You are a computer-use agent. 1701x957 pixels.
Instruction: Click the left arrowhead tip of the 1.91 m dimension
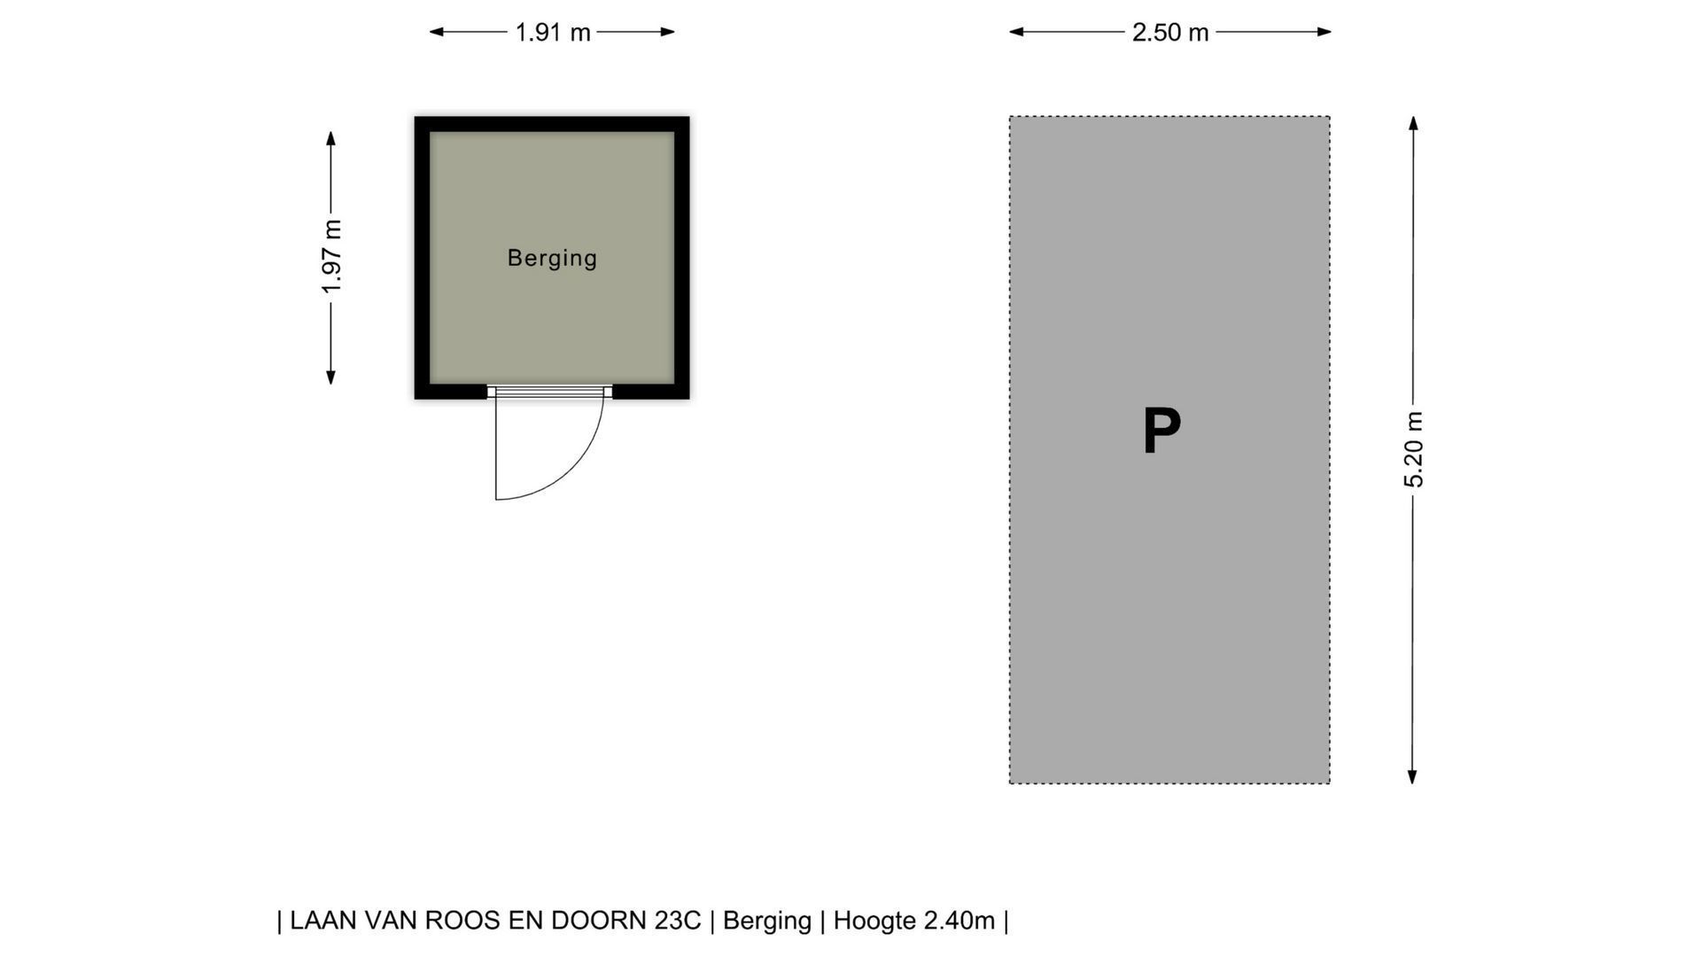tap(430, 32)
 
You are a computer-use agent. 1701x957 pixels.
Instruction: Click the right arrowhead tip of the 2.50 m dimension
tap(1332, 32)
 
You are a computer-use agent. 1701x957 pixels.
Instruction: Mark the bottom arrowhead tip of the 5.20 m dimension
tap(1412, 784)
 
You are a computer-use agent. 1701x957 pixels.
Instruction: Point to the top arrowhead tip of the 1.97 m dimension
tap(330, 131)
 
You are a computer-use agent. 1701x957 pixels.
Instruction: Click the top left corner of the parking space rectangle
tap(1010, 117)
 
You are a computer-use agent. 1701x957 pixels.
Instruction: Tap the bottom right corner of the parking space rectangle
tap(1329, 783)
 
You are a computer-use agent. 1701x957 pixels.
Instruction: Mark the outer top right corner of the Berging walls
tap(689, 117)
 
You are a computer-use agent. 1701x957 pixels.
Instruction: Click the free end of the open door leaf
tap(496, 500)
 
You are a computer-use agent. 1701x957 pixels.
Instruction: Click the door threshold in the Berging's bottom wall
tap(549, 392)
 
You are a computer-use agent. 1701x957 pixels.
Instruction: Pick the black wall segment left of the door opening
tap(451, 392)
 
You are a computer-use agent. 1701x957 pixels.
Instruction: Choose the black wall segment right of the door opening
tap(651, 392)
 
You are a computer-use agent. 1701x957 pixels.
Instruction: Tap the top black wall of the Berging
tap(552, 124)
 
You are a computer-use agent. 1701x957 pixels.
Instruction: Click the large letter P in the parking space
tap(1161, 432)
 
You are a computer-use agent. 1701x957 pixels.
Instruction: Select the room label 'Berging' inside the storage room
tap(552, 258)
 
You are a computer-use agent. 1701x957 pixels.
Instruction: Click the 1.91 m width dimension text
tap(553, 33)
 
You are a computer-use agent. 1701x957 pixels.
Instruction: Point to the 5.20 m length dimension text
tap(1413, 449)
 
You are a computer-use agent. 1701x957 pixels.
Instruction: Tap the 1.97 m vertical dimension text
tap(331, 257)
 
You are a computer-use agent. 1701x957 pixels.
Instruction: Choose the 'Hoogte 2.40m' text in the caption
tap(914, 921)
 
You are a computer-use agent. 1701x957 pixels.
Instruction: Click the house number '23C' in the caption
tap(678, 921)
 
